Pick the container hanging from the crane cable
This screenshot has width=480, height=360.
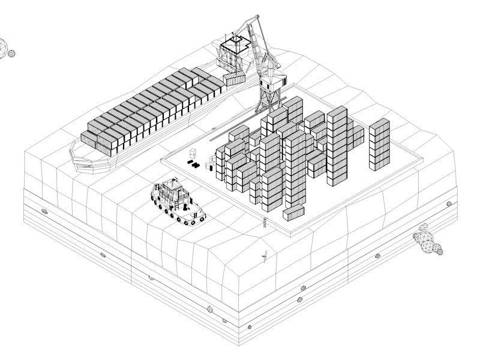pyautogui.click(x=235, y=79)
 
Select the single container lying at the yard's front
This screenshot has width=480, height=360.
pyautogui.click(x=294, y=212)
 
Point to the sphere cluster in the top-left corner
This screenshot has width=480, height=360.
pyautogui.click(x=6, y=49)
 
